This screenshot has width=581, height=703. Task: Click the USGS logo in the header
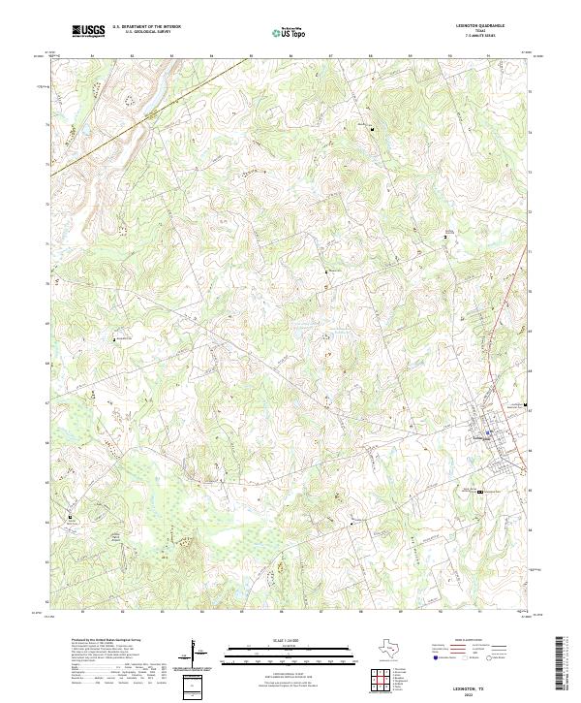coord(88,31)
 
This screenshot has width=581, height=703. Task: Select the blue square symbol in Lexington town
coord(489,432)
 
